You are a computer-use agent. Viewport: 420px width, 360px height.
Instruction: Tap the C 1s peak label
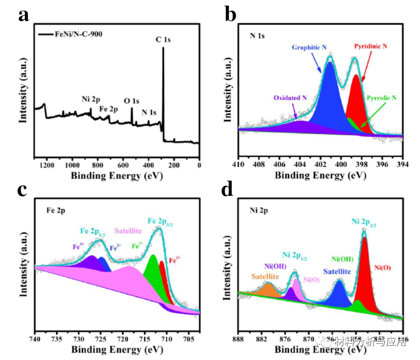[x=163, y=40]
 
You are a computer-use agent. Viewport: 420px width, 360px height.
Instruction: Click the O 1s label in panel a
[x=132, y=101]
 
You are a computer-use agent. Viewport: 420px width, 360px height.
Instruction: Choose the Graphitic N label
[x=309, y=47]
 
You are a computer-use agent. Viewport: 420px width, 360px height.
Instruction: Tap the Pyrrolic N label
[x=382, y=98]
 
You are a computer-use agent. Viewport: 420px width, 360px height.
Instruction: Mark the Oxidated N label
[x=290, y=97]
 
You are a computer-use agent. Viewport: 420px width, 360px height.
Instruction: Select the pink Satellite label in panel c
[x=128, y=231]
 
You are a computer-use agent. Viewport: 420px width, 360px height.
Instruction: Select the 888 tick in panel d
[x=238, y=339]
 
